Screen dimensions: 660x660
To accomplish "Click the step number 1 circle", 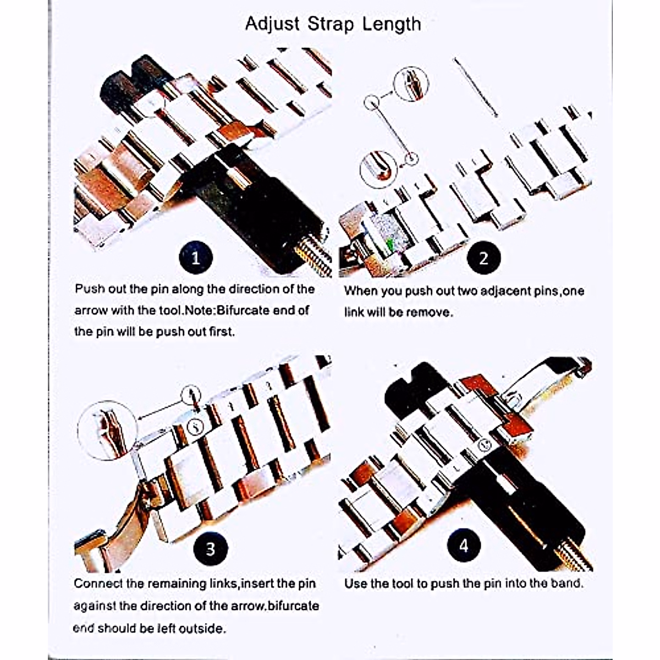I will tap(196, 257).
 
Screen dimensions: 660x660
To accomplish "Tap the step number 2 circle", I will tap(483, 258).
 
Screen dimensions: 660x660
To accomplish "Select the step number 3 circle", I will tap(210, 548).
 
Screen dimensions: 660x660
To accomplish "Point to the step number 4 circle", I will tap(464, 546).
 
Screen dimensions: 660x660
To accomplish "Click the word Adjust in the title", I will tap(272, 24).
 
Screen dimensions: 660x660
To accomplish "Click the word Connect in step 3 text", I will tap(98, 584).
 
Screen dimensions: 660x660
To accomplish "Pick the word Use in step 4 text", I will tap(355, 584).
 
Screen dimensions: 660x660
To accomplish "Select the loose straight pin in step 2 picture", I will tap(476, 87).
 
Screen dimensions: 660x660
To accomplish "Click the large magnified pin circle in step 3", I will tap(107, 430).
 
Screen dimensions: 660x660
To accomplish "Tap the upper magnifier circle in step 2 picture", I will tap(411, 83).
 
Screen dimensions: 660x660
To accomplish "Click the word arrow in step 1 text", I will tap(90, 310).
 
